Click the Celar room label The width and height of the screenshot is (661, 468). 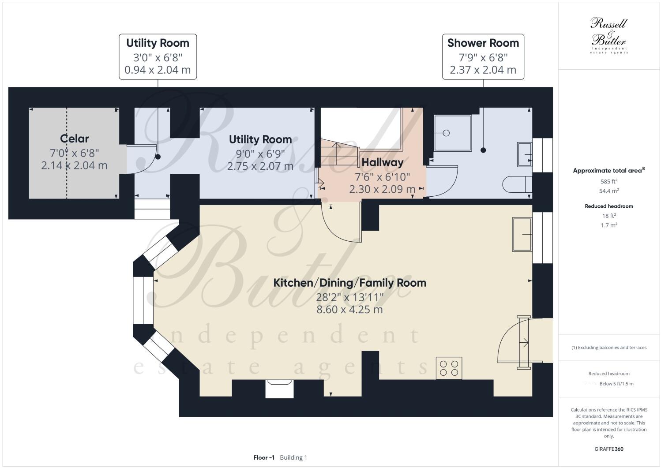[x=74, y=139]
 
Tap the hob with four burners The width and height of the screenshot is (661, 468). [x=449, y=368]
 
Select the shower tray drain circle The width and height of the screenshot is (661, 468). [x=446, y=133]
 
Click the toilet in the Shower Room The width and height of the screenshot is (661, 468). [x=517, y=184]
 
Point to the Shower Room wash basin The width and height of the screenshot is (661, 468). [x=525, y=154]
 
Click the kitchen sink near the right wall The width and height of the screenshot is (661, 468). [x=522, y=234]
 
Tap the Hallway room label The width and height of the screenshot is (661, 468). [x=382, y=162]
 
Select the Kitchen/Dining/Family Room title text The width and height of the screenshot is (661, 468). [x=349, y=283]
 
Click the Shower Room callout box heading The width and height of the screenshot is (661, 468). [x=483, y=43]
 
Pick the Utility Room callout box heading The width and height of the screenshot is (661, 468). [x=158, y=43]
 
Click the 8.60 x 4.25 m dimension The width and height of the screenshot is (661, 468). [x=349, y=310]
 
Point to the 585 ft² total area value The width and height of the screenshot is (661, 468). [x=608, y=181]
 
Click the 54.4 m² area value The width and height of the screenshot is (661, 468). [x=608, y=191]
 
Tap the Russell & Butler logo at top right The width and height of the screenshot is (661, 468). [x=608, y=35]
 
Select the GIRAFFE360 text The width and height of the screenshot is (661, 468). [x=608, y=449]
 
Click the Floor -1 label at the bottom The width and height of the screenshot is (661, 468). [x=264, y=457]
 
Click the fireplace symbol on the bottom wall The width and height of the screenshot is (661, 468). [x=279, y=388]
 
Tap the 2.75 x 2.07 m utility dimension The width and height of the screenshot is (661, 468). [x=260, y=166]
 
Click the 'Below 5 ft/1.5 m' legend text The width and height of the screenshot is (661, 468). [x=616, y=384]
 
